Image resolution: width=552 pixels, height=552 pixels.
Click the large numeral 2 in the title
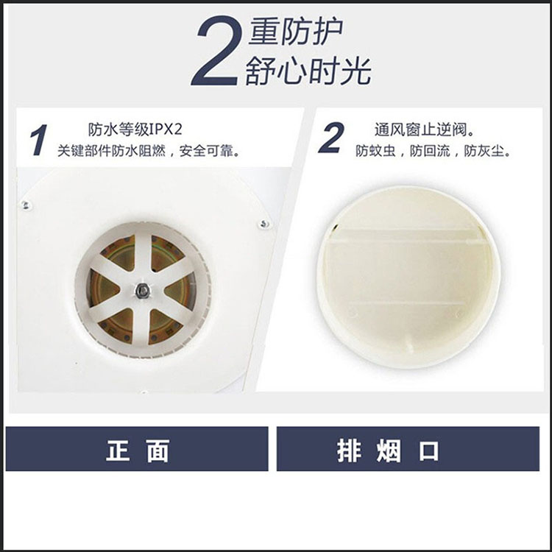point(217,50)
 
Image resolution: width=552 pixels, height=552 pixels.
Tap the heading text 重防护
point(296,32)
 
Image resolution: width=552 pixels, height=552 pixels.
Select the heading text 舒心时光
point(308,71)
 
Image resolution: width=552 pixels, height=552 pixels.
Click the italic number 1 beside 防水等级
point(39,139)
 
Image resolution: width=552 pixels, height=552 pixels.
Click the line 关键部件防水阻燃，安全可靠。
point(149,151)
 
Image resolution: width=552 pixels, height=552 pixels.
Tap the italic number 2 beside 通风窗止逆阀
point(331,138)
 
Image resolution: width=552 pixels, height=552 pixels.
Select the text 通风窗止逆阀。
point(424,130)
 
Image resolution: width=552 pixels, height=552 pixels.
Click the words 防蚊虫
point(375,151)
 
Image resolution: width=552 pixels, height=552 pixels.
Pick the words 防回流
point(430,151)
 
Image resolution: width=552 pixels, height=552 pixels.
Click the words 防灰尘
point(484,151)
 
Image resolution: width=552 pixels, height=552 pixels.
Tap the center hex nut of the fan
point(143,291)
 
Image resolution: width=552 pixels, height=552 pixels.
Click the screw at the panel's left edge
point(25,205)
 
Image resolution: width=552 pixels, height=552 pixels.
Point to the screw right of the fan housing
point(263,224)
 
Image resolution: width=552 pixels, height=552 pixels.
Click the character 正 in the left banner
point(118,450)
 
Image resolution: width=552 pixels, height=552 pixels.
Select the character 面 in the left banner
point(158,450)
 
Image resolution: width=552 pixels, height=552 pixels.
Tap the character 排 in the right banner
point(349,450)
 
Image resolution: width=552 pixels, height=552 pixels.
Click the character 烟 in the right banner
point(389,450)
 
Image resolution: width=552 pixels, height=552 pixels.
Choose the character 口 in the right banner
point(429,451)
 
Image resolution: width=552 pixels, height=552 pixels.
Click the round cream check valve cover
point(408,277)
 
